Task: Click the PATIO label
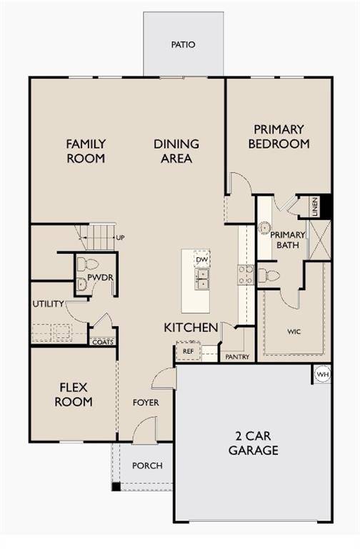(x=183, y=44)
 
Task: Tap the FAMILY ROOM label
(x=86, y=151)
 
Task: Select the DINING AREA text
(x=176, y=151)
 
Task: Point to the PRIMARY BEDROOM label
(x=279, y=137)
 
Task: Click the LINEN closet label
(x=314, y=207)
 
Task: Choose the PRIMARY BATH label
(x=287, y=240)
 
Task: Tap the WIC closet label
(x=294, y=332)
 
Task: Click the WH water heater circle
(x=322, y=374)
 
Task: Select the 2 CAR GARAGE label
(x=254, y=443)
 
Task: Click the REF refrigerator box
(x=188, y=351)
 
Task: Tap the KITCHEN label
(x=191, y=327)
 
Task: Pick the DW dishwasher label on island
(x=202, y=259)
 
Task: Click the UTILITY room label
(x=48, y=304)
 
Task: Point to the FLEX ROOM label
(x=74, y=395)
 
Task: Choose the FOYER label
(x=146, y=402)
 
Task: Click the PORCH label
(x=148, y=465)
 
